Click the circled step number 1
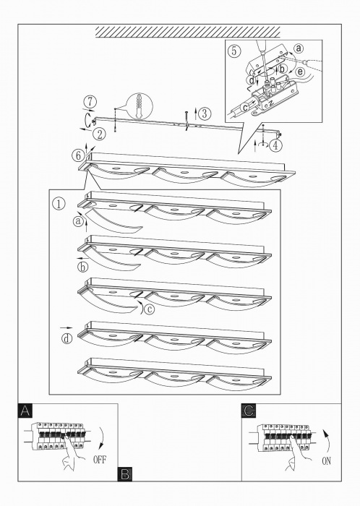pyautogui.click(x=59, y=204)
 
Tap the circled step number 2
pyautogui.click(x=99, y=134)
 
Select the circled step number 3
pyautogui.click(x=205, y=113)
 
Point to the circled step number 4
pyautogui.click(x=275, y=145)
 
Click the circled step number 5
pyautogui.click(x=234, y=51)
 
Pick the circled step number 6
pyautogui.click(x=77, y=156)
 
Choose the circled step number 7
pyautogui.click(x=90, y=102)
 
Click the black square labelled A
pyautogui.click(x=25, y=411)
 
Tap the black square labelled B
pyautogui.click(x=125, y=474)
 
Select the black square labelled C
pyautogui.click(x=249, y=411)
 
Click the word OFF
pyautogui.click(x=99, y=460)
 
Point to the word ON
pyautogui.click(x=326, y=461)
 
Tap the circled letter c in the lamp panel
pyautogui.click(x=149, y=309)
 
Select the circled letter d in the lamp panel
pyautogui.click(x=67, y=339)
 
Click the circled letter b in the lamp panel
pyautogui.click(x=83, y=267)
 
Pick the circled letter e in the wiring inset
pyautogui.click(x=300, y=72)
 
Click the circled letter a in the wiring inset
pyautogui.click(x=299, y=48)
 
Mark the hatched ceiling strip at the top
pyautogui.click(x=188, y=33)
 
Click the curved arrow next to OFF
pyautogui.click(x=102, y=437)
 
